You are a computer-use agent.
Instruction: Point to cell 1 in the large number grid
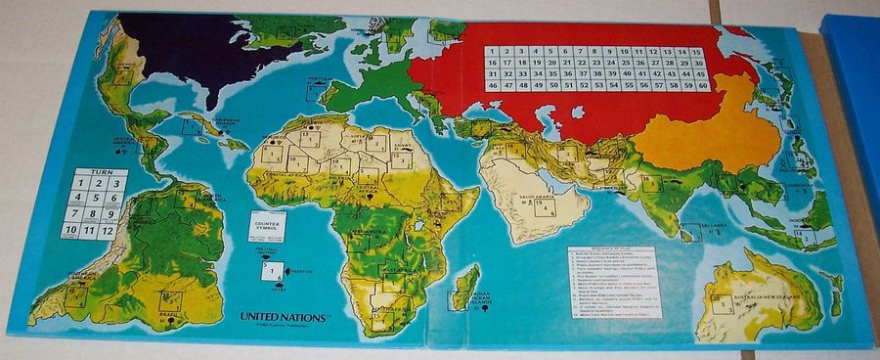click(491, 51)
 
